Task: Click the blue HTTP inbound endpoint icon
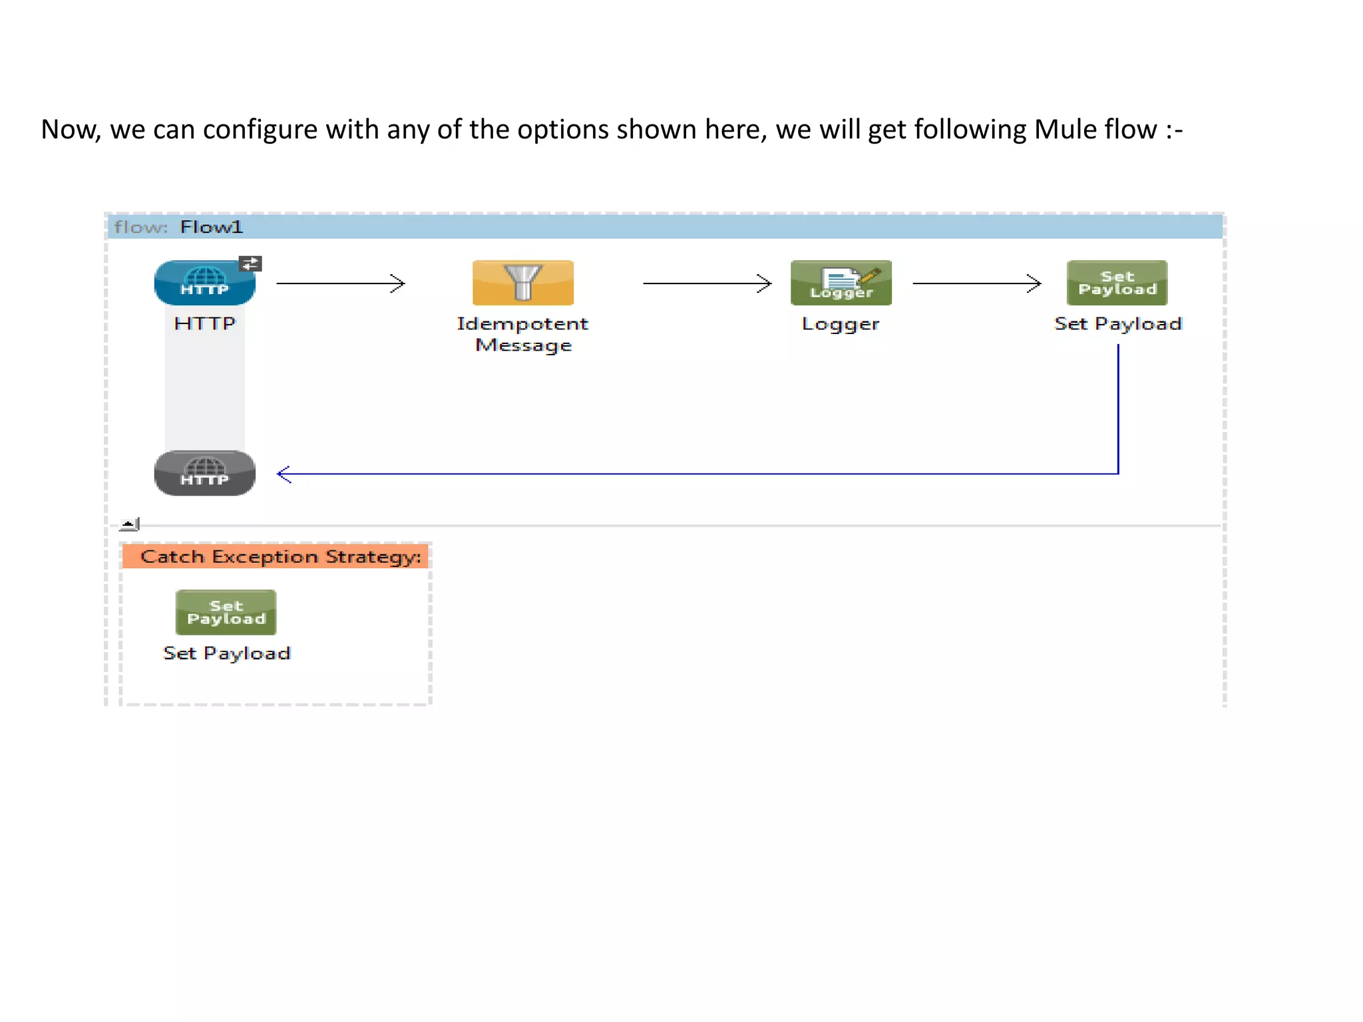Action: coord(204,283)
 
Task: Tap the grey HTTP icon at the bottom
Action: coord(204,473)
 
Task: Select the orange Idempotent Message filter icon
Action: coord(522,283)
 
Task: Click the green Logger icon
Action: coord(841,283)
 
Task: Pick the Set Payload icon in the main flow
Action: coord(1117,283)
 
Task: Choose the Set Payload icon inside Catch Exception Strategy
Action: coord(226,612)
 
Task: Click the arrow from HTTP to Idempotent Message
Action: coord(340,283)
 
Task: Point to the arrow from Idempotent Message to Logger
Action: coord(707,283)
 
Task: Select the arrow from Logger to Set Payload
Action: coord(976,283)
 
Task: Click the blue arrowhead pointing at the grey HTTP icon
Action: coord(284,474)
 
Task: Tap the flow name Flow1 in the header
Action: coord(212,227)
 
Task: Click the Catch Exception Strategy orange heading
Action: coord(280,556)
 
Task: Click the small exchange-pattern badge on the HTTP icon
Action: coord(250,263)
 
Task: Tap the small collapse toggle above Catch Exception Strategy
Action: coord(129,524)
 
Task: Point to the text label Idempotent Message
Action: coord(522,334)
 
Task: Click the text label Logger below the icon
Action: coord(841,324)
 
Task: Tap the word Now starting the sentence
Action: coord(70,129)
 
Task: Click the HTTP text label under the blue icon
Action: coord(204,323)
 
